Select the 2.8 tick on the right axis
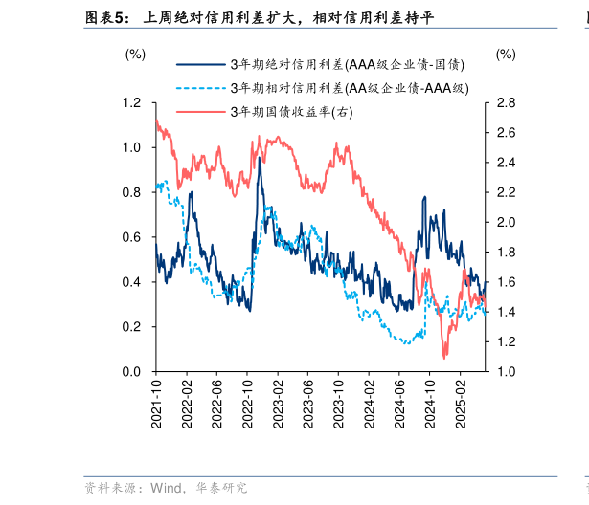point(507,103)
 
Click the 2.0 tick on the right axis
point(507,222)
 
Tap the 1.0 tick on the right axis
point(507,371)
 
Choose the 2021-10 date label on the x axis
point(157,401)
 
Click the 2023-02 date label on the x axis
point(278,401)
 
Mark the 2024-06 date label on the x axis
point(397,401)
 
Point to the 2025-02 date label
point(458,401)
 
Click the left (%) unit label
point(135,55)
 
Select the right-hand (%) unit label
point(505,55)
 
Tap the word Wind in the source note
point(166,488)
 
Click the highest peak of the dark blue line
point(259,158)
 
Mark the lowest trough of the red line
point(444,357)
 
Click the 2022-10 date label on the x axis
point(247,401)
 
